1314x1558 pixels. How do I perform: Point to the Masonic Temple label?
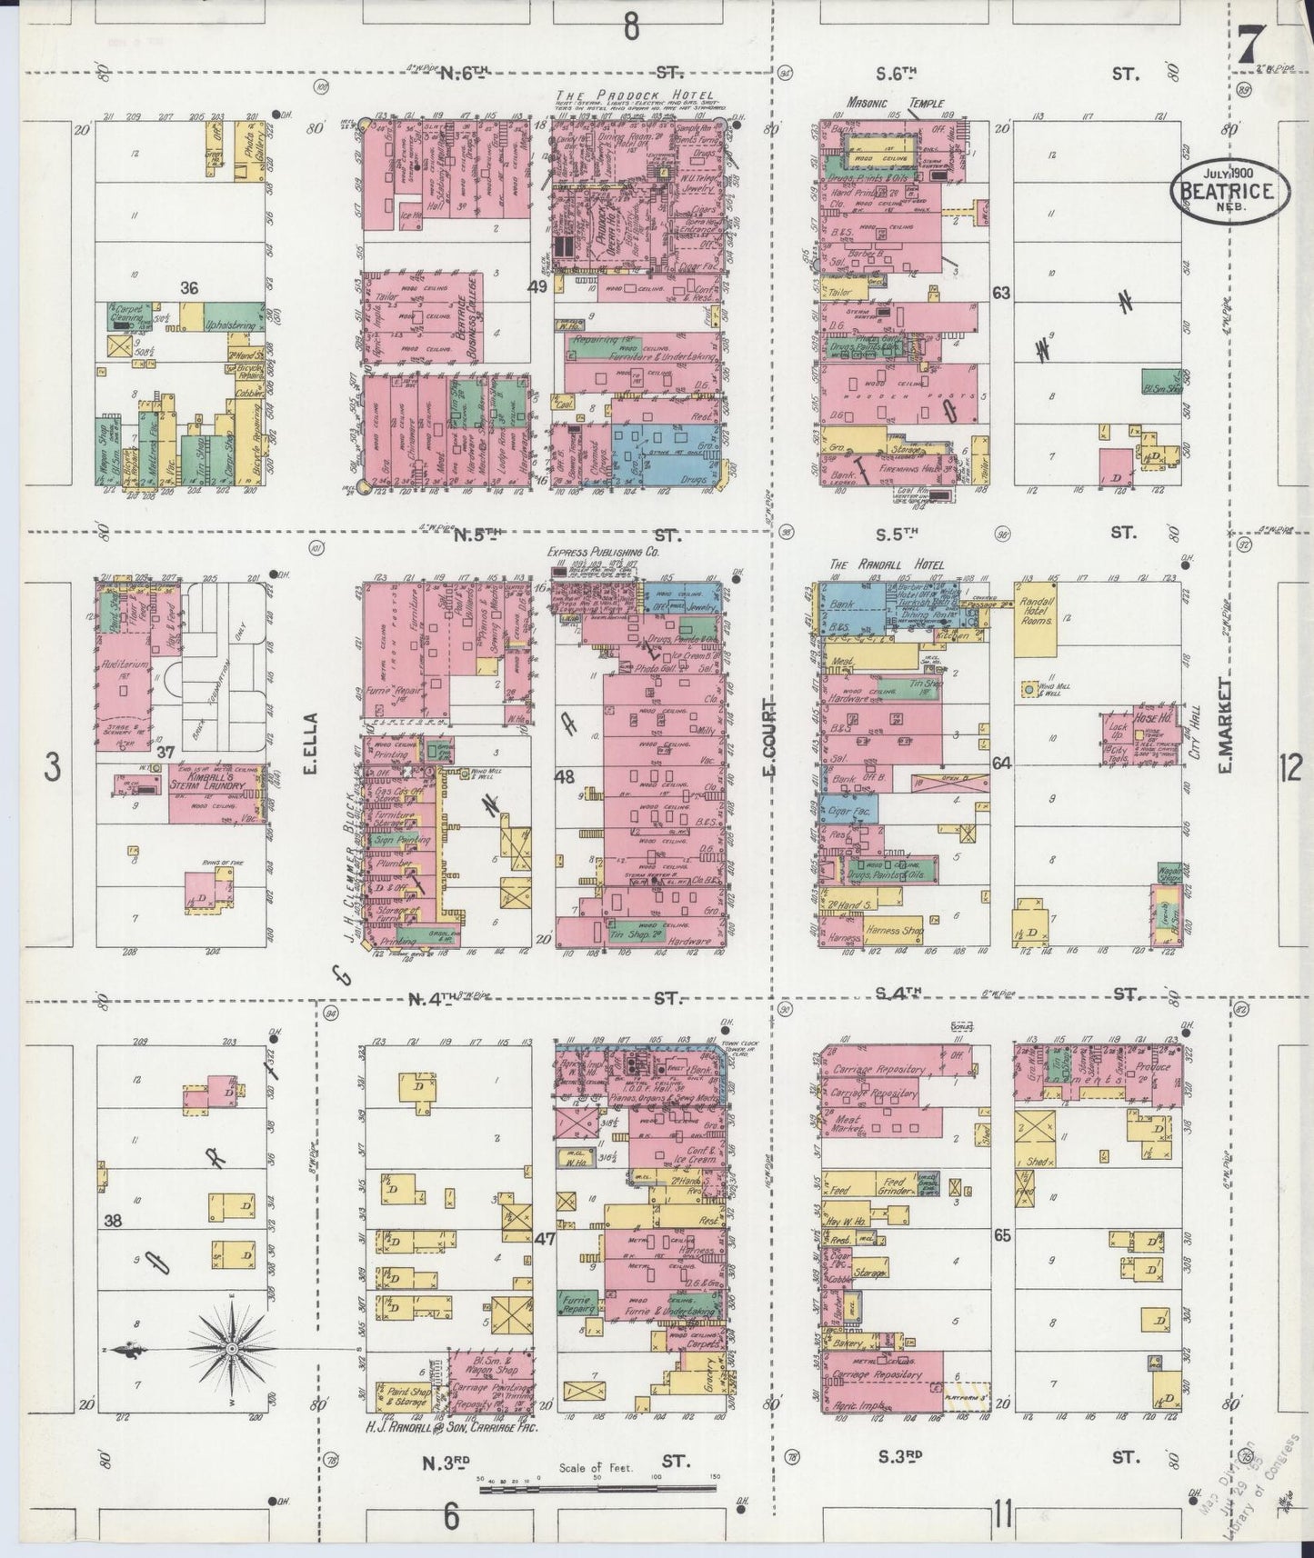click(896, 104)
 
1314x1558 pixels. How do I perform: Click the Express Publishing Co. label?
click(602, 552)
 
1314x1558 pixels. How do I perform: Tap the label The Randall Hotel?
click(886, 564)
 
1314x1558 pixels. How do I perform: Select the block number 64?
click(1002, 764)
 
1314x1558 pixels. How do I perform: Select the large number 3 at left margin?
click(53, 769)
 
